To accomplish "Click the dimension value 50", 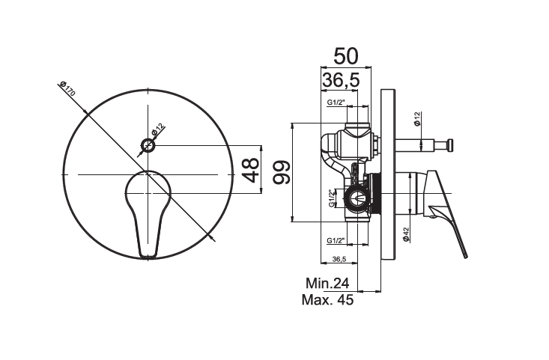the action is click(346, 56).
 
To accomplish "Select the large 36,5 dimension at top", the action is click(341, 80).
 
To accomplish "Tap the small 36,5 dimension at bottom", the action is click(339, 259).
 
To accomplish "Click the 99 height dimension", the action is click(282, 172).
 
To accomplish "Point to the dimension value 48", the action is click(251, 170).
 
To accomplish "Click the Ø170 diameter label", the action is click(67, 88).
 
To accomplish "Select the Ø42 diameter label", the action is click(406, 234).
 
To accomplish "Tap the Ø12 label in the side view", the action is click(416, 118).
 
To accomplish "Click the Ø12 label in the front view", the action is click(158, 130).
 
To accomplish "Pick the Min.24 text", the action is click(327, 283).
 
